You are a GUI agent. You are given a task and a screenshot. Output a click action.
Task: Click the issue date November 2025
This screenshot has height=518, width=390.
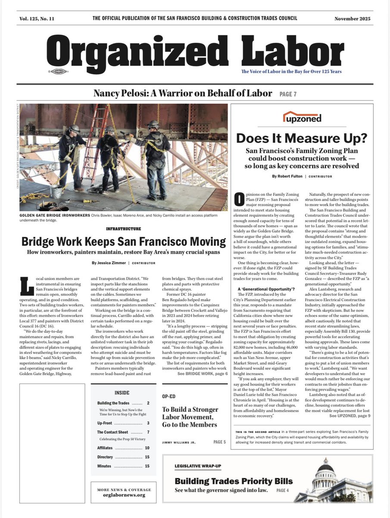pos(352,19)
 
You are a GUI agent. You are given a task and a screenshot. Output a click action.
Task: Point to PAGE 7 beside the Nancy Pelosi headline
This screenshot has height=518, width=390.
pos(288,94)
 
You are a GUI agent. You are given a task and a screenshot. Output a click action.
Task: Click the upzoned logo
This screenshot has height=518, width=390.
pos(302,117)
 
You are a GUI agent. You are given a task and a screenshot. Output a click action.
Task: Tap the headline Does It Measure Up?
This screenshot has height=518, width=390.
pos(302,139)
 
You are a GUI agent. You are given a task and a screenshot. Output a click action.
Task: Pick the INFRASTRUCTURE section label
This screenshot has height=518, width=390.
pos(123,229)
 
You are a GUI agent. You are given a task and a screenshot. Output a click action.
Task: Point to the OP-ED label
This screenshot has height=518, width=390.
pos(169,396)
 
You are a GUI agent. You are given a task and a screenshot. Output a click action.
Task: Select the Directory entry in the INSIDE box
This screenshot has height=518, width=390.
pos(105,457)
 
